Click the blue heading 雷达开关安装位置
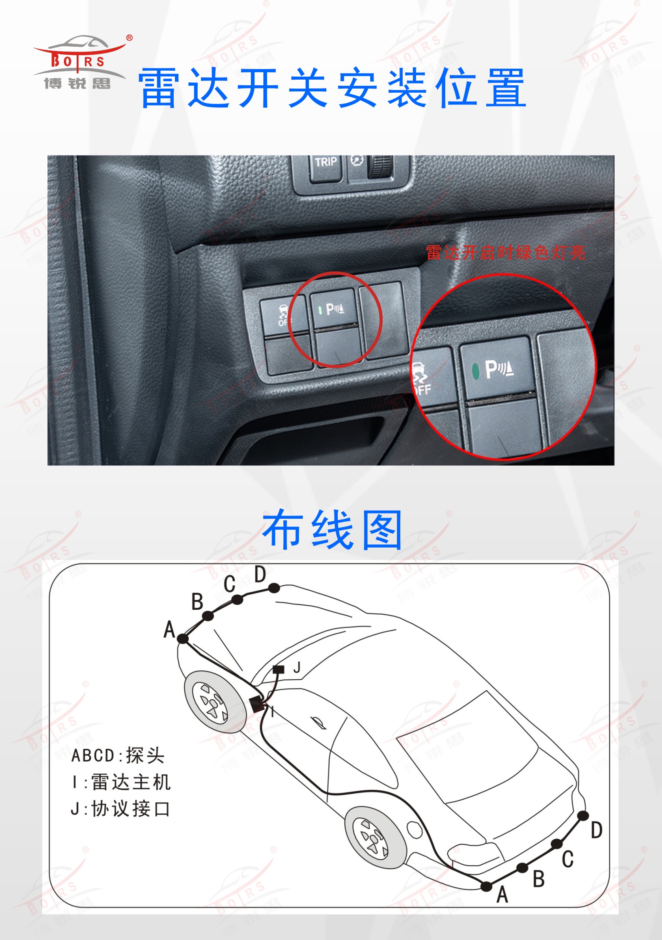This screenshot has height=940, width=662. click(x=332, y=88)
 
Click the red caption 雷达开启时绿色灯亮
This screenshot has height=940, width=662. click(x=506, y=253)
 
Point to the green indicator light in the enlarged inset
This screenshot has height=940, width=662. click(x=475, y=370)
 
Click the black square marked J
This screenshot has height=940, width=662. click(x=278, y=669)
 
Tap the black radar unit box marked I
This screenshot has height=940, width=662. click(x=257, y=704)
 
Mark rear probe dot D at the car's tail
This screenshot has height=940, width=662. click(x=583, y=816)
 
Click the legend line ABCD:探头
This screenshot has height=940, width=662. click(x=118, y=755)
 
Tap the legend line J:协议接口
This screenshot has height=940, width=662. click(x=120, y=809)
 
